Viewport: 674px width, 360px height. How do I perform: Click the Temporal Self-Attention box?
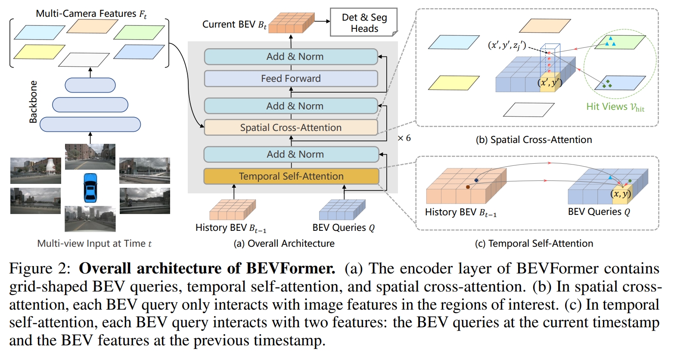pyautogui.click(x=291, y=176)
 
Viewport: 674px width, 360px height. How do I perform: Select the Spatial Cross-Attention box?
pyautogui.click(x=291, y=127)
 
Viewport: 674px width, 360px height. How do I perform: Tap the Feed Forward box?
pyautogui.click(x=291, y=78)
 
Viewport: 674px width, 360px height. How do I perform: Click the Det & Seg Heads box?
pyautogui.click(x=364, y=23)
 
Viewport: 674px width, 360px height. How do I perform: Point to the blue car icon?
pyautogui.click(x=90, y=187)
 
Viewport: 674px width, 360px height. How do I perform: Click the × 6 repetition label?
pyautogui.click(x=404, y=138)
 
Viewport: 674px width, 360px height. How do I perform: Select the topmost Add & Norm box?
pyautogui.click(x=291, y=57)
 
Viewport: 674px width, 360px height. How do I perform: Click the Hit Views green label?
pyautogui.click(x=615, y=107)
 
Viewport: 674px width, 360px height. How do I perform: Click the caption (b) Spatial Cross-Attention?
pyautogui.click(x=534, y=140)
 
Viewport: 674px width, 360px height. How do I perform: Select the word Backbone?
pyautogui.click(x=33, y=102)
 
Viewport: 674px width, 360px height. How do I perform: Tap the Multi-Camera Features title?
pyautogui.click(x=91, y=14)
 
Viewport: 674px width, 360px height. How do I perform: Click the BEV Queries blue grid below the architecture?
pyautogui.click(x=342, y=210)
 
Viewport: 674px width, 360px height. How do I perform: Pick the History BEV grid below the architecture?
pyautogui.click(x=232, y=210)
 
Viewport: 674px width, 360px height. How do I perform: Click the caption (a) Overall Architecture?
pyautogui.click(x=284, y=244)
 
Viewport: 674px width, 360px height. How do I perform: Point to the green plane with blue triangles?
pyautogui.click(x=620, y=42)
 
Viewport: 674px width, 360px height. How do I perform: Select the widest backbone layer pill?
pyautogui.click(x=90, y=124)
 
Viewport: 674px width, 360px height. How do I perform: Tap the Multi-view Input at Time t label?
pyautogui.click(x=94, y=244)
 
